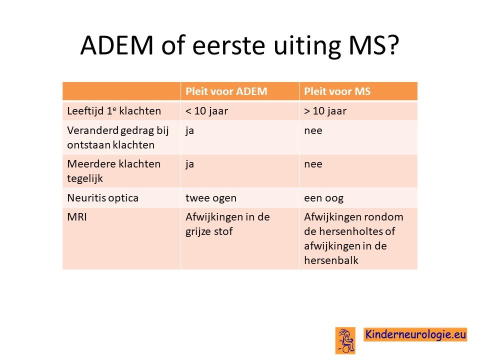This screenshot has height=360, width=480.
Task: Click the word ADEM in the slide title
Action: [x=116, y=45]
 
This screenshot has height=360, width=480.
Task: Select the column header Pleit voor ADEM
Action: [x=226, y=91]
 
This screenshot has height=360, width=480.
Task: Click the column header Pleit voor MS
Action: [x=337, y=91]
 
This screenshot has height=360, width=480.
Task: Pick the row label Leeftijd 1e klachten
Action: [x=114, y=111]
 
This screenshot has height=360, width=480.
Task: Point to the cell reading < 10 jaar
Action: [x=206, y=111]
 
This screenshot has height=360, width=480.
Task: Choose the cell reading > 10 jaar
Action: [x=325, y=111]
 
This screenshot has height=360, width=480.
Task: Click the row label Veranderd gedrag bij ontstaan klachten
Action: [x=118, y=138]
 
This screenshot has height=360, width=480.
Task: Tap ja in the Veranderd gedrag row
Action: [x=190, y=131]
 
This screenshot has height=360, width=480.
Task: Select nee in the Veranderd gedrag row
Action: [x=313, y=131]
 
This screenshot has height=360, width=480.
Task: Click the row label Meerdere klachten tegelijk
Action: [x=113, y=171]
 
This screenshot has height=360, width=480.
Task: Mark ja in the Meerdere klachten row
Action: [x=190, y=164]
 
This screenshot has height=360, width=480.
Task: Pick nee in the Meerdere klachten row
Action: [x=313, y=164]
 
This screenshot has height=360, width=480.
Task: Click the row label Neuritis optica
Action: [x=102, y=198]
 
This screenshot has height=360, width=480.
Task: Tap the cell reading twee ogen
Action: [x=211, y=198]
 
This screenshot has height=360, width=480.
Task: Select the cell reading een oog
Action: [x=323, y=198]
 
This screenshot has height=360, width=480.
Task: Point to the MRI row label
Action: [x=77, y=217]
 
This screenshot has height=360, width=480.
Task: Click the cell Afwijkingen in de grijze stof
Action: [x=227, y=224]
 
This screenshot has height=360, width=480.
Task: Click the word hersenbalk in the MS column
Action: [x=331, y=260]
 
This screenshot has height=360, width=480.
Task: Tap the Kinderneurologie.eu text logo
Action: [x=415, y=334]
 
